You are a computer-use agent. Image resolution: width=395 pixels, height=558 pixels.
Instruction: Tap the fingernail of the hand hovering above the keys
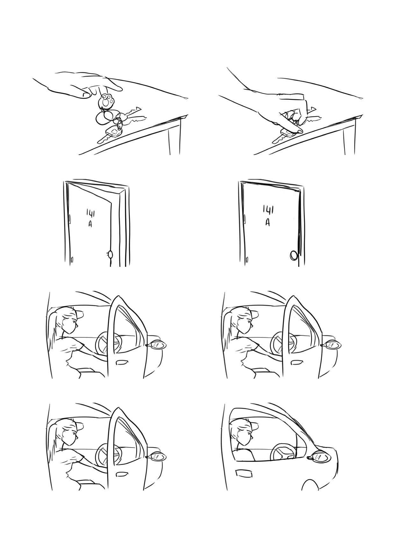(x=85, y=95)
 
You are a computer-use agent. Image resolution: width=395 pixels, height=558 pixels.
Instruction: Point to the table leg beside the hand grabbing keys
(x=349, y=137)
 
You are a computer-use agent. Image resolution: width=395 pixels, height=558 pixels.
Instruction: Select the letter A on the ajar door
(x=90, y=224)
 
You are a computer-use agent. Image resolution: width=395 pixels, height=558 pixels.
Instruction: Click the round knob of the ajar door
(x=110, y=255)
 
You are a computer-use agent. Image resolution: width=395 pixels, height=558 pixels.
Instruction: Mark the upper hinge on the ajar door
(x=70, y=219)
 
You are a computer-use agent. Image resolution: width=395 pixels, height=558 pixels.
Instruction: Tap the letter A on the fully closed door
(x=268, y=222)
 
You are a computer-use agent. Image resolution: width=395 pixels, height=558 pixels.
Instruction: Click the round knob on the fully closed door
(x=293, y=255)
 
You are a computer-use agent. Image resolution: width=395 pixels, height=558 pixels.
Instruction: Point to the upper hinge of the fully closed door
(x=245, y=219)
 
